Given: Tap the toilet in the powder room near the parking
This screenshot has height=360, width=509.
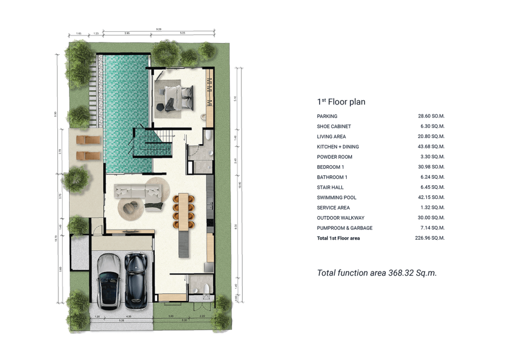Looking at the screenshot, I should point(205,289).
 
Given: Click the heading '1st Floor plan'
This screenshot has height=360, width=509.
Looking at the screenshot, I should point(341,102).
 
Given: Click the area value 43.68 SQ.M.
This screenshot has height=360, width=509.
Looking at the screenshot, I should point(431,147).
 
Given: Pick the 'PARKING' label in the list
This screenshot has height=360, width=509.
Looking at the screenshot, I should point(327,116).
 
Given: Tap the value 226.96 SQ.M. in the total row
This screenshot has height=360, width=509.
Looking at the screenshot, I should point(430,238).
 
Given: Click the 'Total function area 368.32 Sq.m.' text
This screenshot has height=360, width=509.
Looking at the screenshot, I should point(377,273).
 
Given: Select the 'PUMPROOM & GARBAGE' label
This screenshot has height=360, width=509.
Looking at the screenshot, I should point(344,228).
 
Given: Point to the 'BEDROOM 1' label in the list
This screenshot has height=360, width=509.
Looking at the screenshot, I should point(331,167).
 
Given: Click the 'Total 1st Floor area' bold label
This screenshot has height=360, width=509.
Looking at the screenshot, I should point(338,238).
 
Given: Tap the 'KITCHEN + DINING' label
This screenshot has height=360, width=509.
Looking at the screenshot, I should point(338,147).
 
